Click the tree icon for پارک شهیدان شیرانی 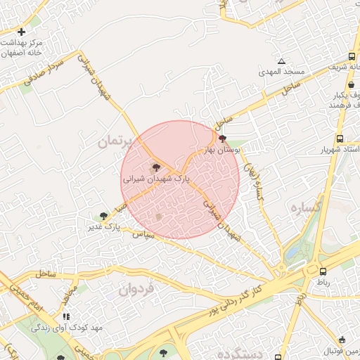(x=156, y=167)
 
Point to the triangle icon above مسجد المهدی (x=282, y=62)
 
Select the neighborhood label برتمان (x=115, y=141)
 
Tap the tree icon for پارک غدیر (x=105, y=216)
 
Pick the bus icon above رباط (x=323, y=271)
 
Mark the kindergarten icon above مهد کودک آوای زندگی (x=67, y=318)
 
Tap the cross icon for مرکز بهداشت (x=21, y=32)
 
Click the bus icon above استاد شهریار (x=340, y=139)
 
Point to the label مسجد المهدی (x=278, y=72)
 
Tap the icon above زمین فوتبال (x=342, y=340)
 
